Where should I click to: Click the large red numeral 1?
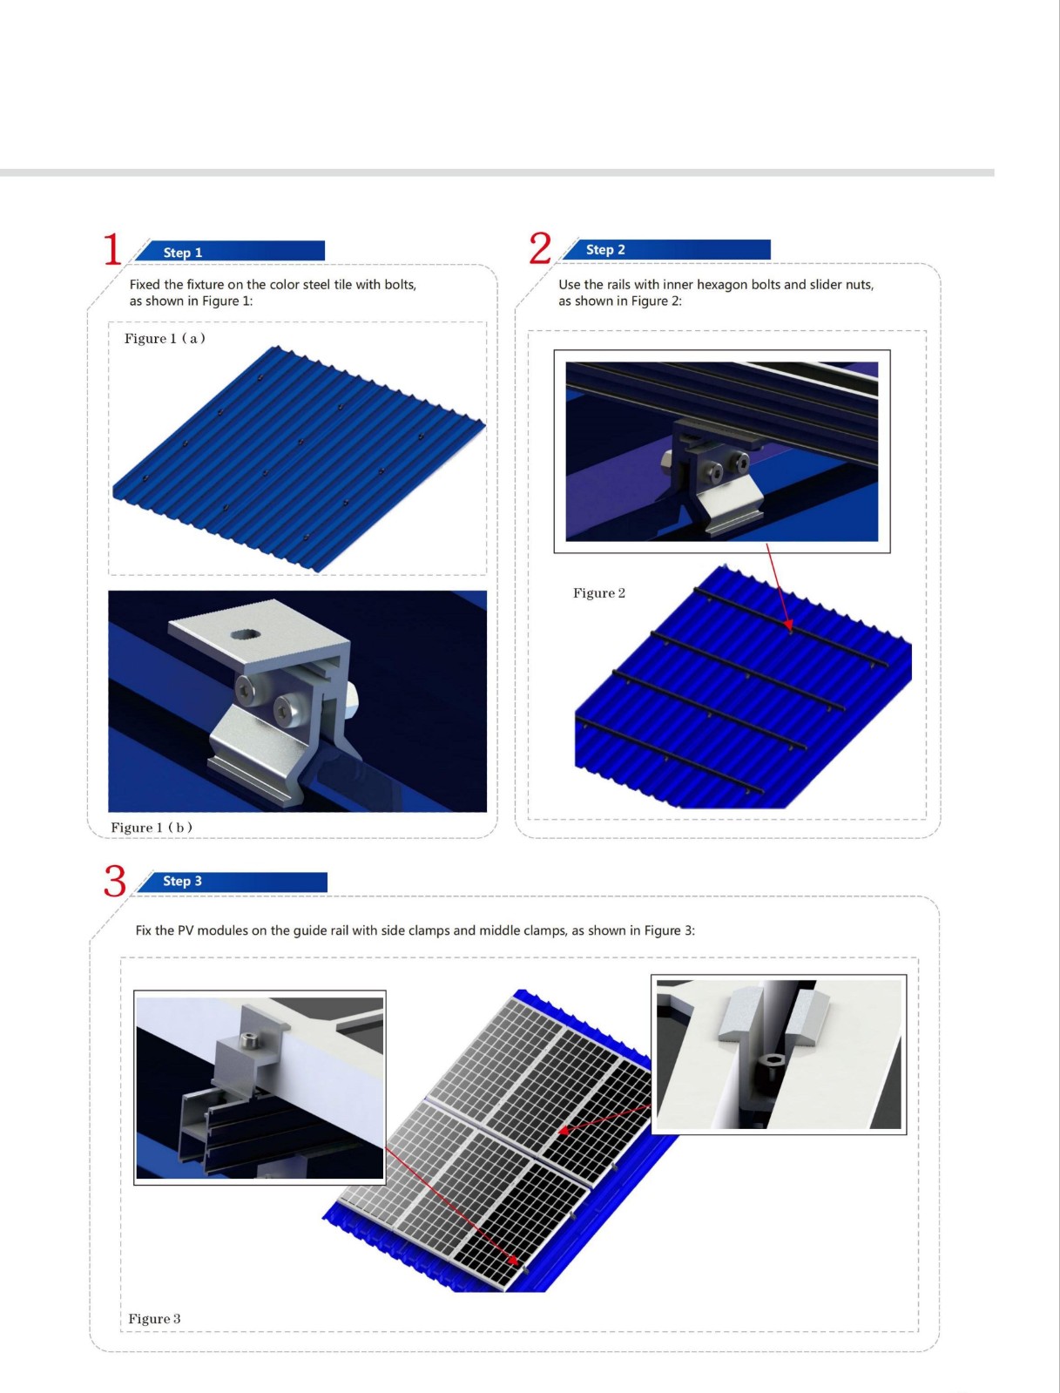(x=112, y=249)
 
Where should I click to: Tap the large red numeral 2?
(x=541, y=248)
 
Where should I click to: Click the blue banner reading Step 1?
(x=230, y=251)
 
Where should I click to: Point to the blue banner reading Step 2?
(x=666, y=249)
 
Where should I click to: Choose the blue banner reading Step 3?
(x=233, y=882)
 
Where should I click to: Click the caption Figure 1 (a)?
(x=165, y=338)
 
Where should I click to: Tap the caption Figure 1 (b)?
(x=152, y=828)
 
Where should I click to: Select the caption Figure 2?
(x=599, y=593)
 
